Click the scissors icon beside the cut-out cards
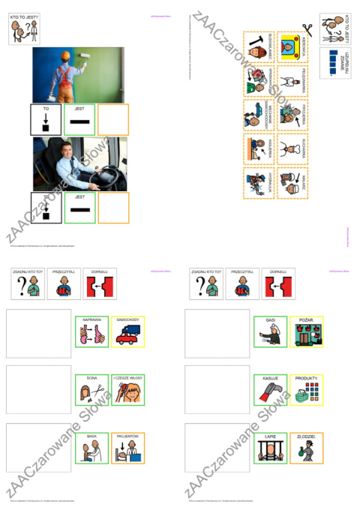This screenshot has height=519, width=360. point(307,31)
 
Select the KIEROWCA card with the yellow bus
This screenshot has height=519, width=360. point(292,47)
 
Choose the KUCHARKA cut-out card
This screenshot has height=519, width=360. point(292,148)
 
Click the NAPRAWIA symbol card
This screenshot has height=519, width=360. point(91,332)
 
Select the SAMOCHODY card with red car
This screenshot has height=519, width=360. point(127,332)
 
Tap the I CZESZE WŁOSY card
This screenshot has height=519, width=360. point(127,389)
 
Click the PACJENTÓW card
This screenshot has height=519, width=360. point(127,448)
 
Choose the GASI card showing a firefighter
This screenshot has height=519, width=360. point(270,332)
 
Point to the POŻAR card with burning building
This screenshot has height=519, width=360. point(307,332)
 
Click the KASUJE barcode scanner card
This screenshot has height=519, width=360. point(270,390)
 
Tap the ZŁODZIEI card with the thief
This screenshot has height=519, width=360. point(307,448)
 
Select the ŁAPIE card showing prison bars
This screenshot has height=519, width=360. point(270,448)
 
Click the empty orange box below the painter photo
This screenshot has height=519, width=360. point(113,119)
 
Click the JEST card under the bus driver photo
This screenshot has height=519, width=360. point(79,208)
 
